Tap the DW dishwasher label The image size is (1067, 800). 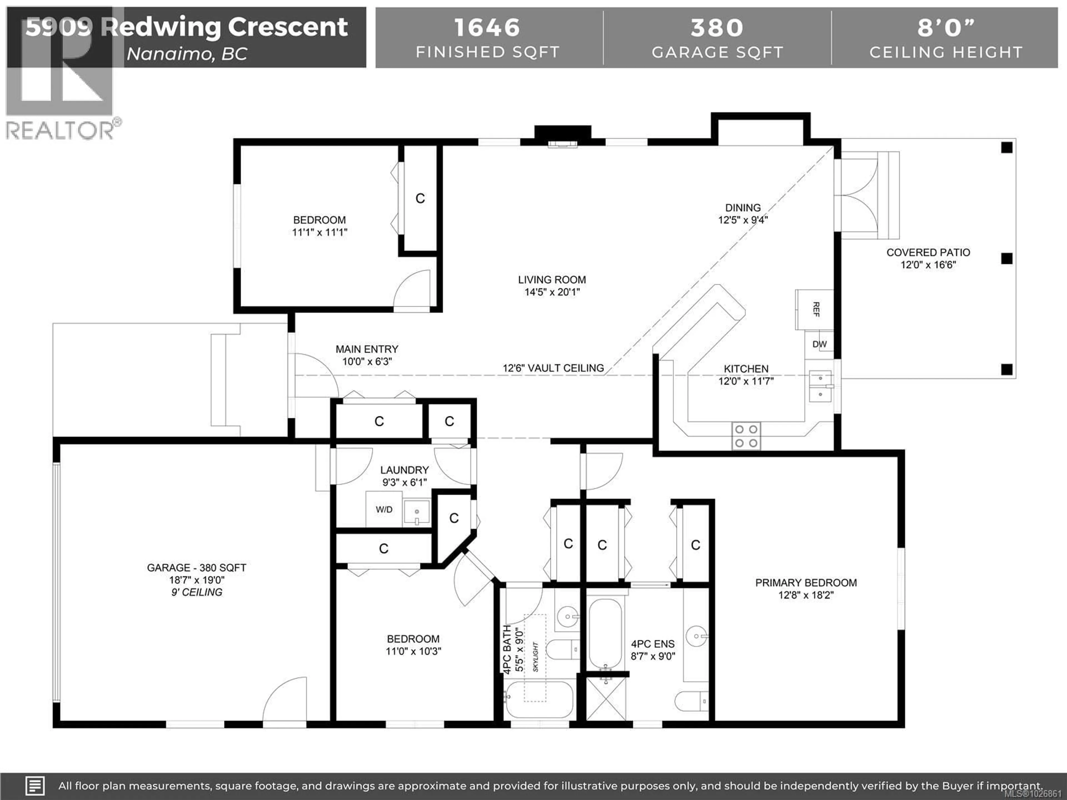[x=819, y=344]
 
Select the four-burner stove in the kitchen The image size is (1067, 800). [x=746, y=436]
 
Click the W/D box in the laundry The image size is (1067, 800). [x=384, y=509]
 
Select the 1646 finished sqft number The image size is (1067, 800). [x=487, y=27]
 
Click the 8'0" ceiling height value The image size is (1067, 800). [x=946, y=27]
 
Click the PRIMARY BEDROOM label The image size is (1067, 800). [x=806, y=582]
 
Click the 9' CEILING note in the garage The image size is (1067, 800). [x=197, y=592]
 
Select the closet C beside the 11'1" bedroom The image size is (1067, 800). [x=420, y=198]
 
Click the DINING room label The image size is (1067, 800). [x=742, y=208]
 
